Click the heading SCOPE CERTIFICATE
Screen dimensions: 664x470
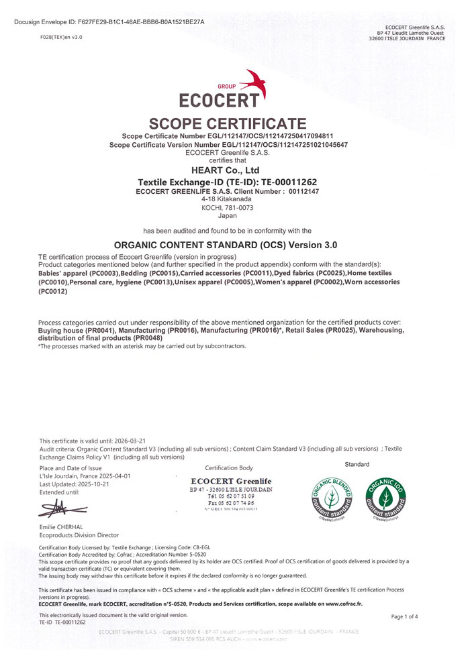228,123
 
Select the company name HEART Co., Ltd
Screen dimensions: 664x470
227,170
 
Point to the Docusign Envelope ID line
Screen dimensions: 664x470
109,22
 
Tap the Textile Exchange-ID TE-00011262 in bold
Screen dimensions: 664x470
227,182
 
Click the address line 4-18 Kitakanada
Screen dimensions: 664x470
227,199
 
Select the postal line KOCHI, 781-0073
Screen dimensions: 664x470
227,208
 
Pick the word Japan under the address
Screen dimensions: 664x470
227,216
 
